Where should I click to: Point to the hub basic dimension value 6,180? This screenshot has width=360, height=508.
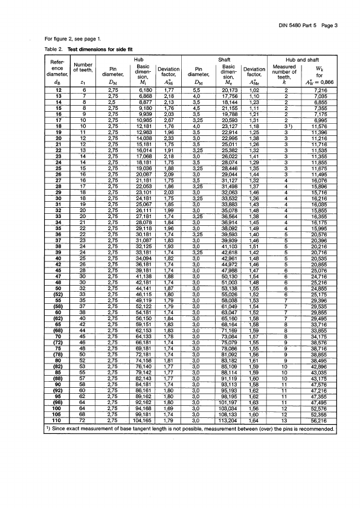[138, 90]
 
